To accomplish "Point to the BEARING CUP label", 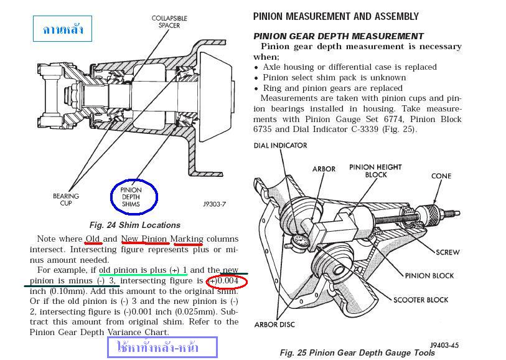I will (x=66, y=199).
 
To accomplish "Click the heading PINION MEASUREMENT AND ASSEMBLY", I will (x=336, y=16).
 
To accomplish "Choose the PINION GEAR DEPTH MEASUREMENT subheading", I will (x=339, y=36).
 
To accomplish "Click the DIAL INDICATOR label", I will (x=280, y=145).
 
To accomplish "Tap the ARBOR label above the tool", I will (x=324, y=169).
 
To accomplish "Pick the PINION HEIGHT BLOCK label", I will (x=375, y=171).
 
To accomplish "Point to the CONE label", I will (x=441, y=176).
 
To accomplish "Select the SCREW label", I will (x=448, y=252).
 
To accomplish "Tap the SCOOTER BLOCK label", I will (x=421, y=300).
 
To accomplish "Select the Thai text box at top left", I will (x=63, y=29).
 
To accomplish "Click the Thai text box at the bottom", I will (x=162, y=347).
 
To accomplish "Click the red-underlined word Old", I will (x=93, y=239).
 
